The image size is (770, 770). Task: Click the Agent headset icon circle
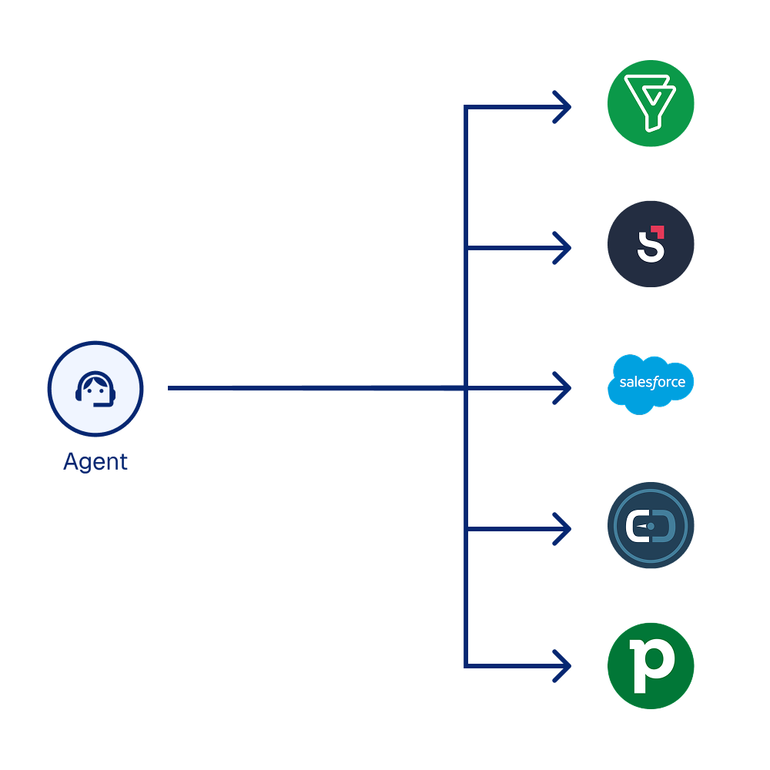pos(95,389)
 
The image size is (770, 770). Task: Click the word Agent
pos(95,462)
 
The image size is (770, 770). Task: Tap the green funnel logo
pos(651,103)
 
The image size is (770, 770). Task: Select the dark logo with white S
pos(651,244)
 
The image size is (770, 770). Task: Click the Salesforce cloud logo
pos(651,383)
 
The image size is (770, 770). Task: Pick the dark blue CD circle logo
pos(651,526)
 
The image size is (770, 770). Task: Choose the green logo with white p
pos(651,665)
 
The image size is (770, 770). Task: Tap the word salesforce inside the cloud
pos(652,383)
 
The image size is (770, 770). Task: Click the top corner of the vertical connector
pos(466,107)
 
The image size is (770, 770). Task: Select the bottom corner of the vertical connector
pos(466,665)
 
